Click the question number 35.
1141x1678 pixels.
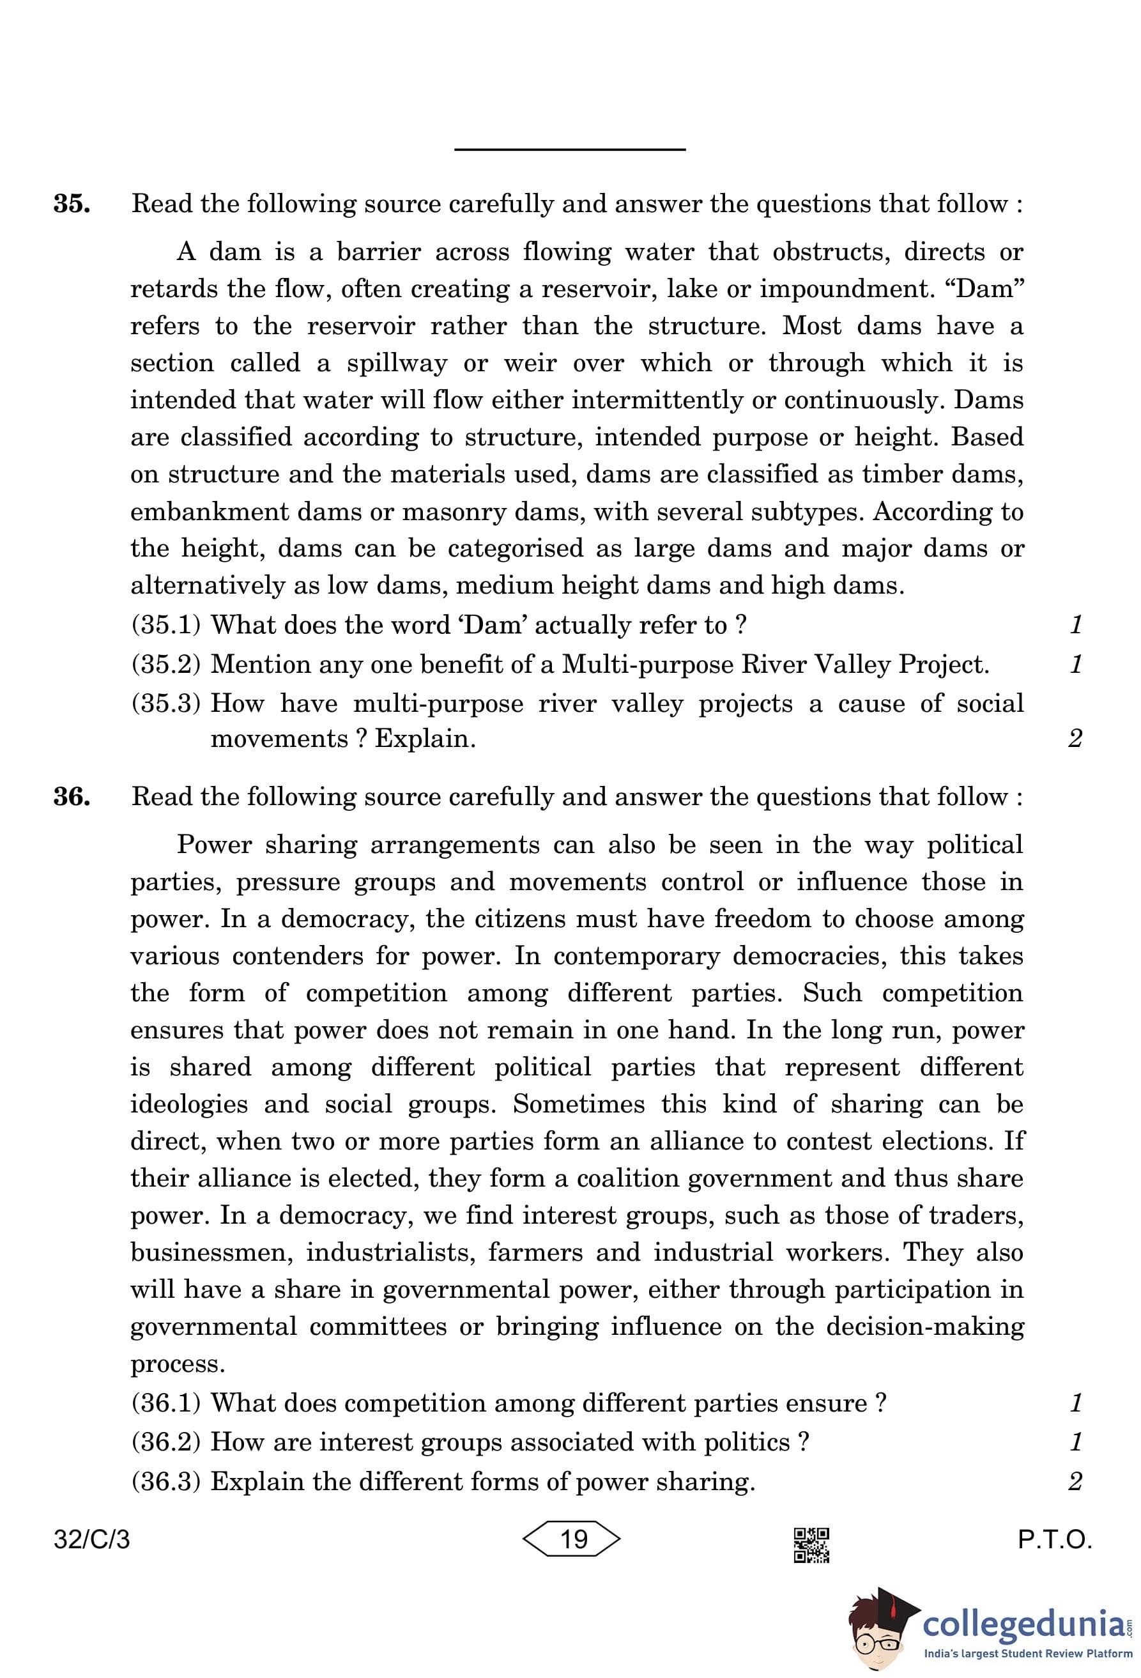[72, 204]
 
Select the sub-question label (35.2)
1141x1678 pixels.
[165, 665]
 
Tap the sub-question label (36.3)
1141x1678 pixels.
[165, 1482]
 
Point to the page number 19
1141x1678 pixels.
[573, 1539]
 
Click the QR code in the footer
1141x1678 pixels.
[811, 1545]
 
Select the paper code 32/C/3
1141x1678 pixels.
[91, 1540]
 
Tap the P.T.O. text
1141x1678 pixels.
[1054, 1540]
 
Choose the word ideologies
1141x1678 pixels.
[190, 1104]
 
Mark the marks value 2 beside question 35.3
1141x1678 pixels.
[1075, 739]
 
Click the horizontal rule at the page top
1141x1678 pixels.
[569, 150]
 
